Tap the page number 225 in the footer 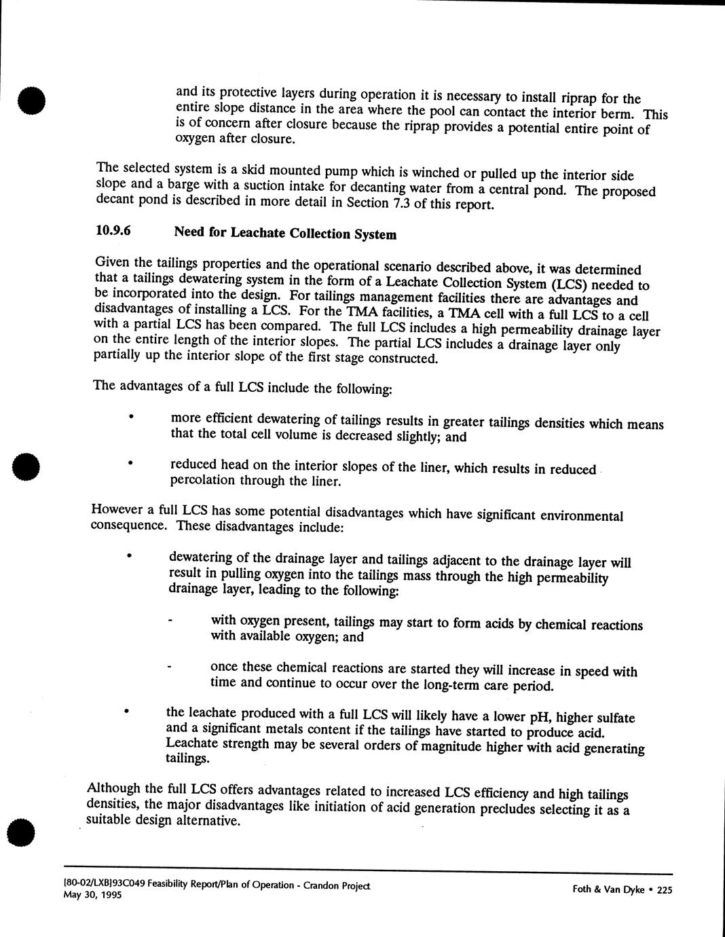664,892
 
